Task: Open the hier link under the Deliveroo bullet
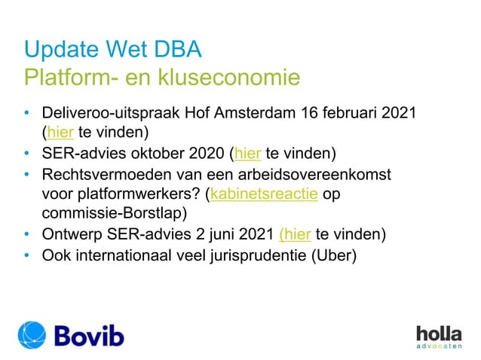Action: [x=60, y=134]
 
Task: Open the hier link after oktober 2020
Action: [x=247, y=155]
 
